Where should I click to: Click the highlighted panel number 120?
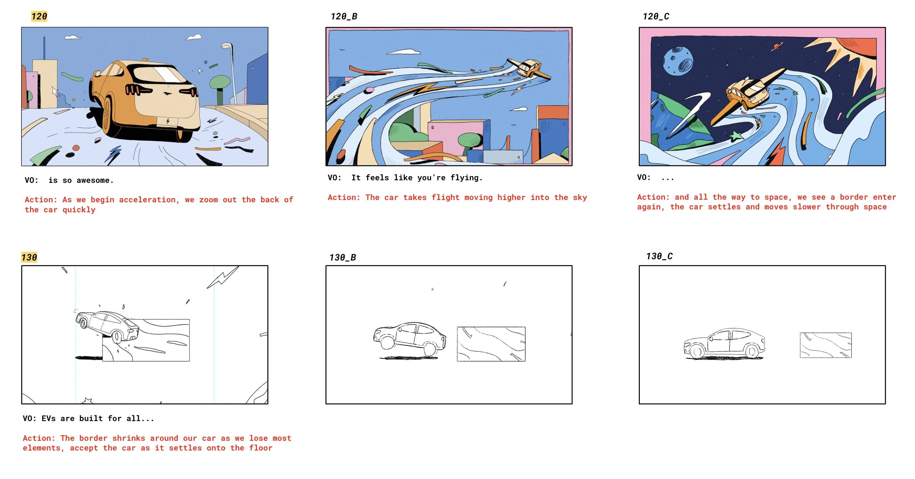[x=39, y=16]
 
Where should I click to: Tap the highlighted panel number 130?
[x=29, y=257]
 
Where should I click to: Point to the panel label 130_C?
[x=659, y=256]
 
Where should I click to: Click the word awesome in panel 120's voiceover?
[x=95, y=180]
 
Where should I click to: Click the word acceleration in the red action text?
[x=147, y=200]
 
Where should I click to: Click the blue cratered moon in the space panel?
[x=678, y=61]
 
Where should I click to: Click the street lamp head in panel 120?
[x=227, y=46]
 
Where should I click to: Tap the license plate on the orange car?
[x=168, y=121]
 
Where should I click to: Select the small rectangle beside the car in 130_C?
[x=826, y=345]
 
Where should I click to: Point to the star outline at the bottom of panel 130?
[x=87, y=401]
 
